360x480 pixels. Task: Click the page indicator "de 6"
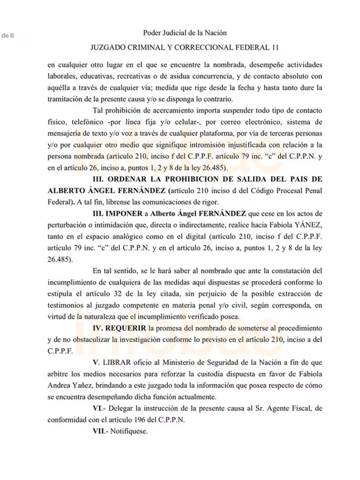(8, 35)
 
